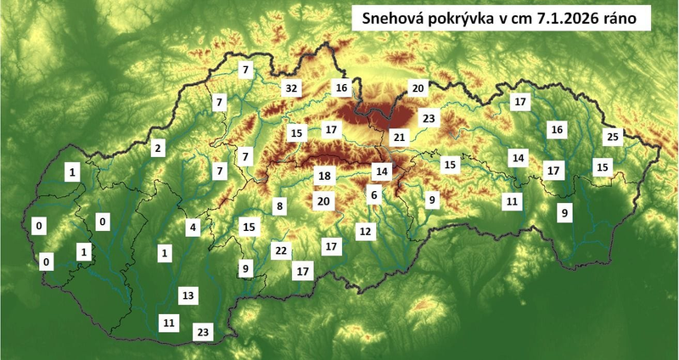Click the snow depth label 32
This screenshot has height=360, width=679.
coord(292,88)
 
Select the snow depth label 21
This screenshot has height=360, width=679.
coord(400,137)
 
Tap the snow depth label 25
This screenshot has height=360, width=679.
coord(614,137)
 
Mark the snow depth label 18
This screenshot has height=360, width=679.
coord(323,176)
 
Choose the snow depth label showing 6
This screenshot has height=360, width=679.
coord(373,194)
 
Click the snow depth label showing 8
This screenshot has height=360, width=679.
coord(278,206)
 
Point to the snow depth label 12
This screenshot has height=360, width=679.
coord(365,231)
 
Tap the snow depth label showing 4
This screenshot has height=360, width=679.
coord(194,228)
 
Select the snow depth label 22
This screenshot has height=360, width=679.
coord(281,250)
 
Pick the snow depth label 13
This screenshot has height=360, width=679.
coord(188,295)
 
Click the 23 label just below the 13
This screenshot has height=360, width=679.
coord(203,332)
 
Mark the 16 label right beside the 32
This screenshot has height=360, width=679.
coord(341,87)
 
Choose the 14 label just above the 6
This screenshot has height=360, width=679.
coord(382,172)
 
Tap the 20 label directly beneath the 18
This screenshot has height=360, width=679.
coord(323,202)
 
